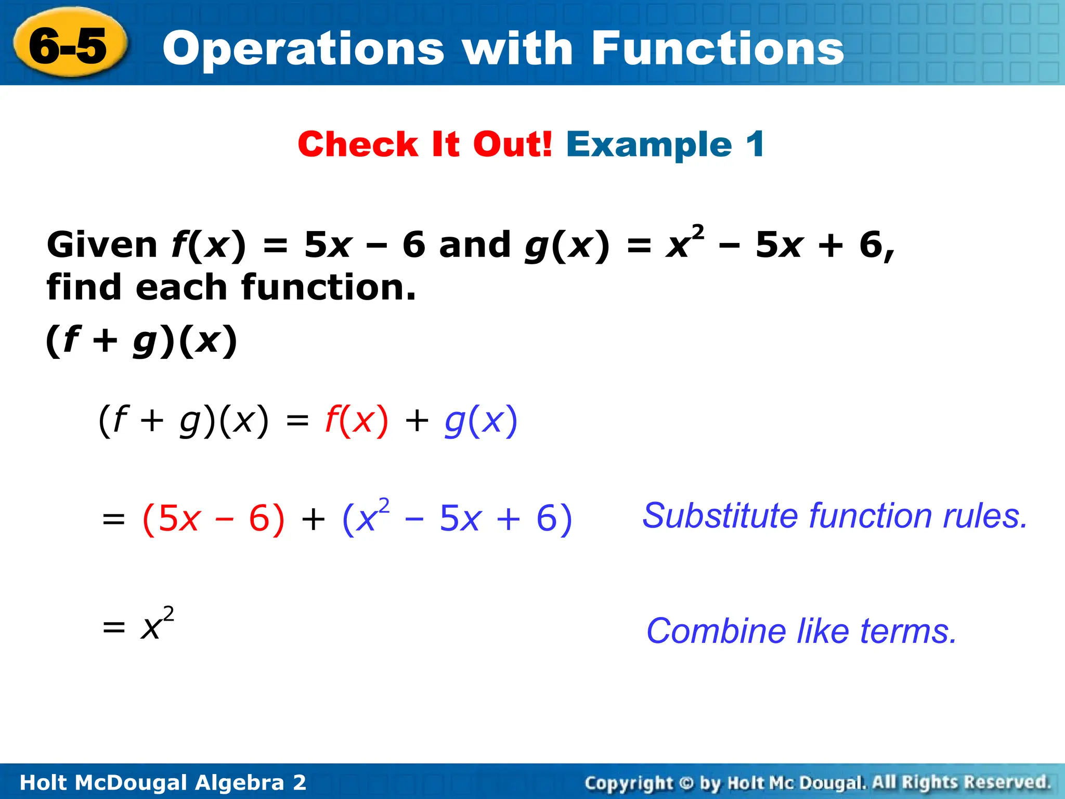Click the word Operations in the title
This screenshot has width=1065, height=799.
pos(303,48)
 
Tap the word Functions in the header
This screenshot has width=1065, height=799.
pos(718,48)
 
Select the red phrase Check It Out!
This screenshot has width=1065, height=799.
pos(424,144)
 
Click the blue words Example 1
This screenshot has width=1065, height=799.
pos(665,144)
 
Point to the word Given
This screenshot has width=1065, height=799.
pos(102,244)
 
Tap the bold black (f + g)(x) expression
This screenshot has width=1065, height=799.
pos(141,341)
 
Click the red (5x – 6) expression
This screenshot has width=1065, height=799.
pos(213,519)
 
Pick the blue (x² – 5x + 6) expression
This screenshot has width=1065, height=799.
pos(457,519)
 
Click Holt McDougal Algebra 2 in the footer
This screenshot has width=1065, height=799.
pos(163,782)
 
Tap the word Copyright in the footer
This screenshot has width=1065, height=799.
pos(629,782)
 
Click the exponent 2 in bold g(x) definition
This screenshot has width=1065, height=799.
pos(698,230)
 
